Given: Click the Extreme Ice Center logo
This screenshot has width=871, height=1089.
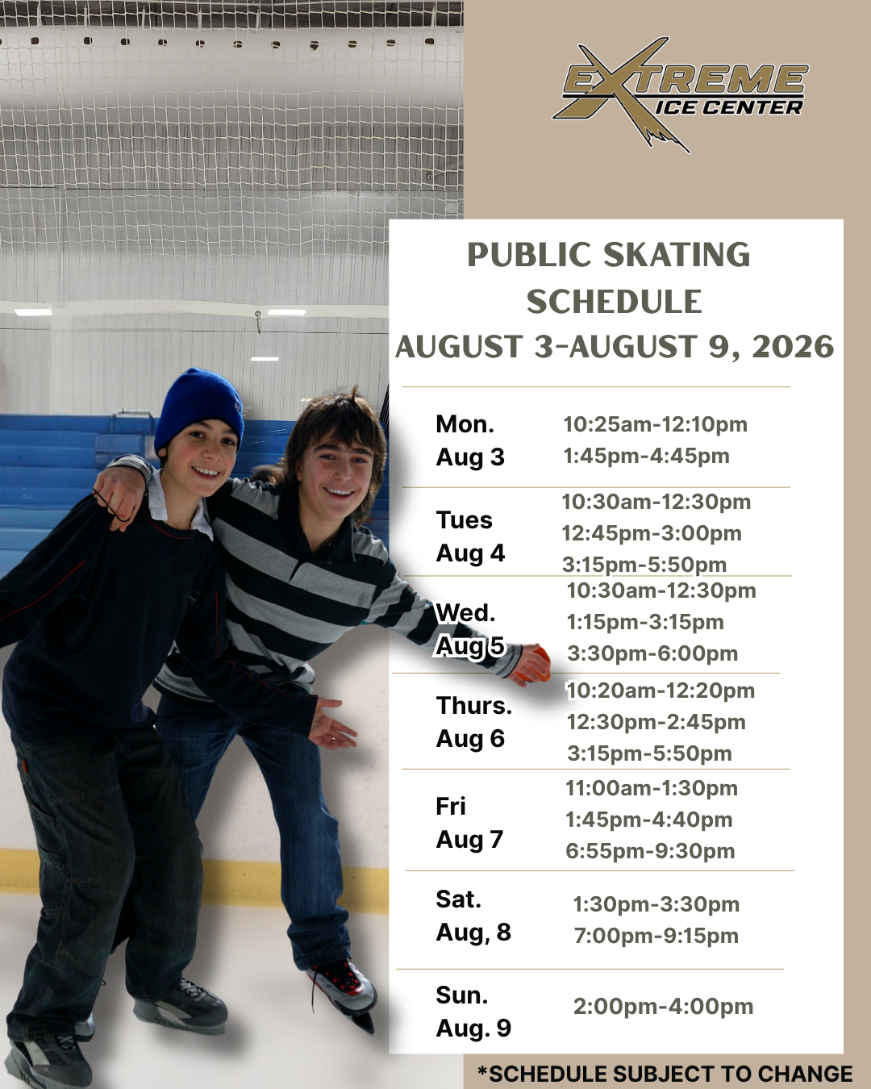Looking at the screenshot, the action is [x=680, y=94].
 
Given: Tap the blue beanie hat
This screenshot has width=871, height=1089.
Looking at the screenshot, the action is [x=199, y=409].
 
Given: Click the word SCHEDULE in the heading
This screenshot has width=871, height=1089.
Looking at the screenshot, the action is [x=614, y=302].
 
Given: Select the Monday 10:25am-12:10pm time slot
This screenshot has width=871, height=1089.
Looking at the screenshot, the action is [x=655, y=424].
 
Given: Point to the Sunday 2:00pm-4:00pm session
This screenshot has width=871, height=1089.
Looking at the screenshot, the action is [x=663, y=1007].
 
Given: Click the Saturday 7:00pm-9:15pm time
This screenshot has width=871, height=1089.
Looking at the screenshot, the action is [x=656, y=936].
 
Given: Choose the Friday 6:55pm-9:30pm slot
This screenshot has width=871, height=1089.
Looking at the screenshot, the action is [x=650, y=851].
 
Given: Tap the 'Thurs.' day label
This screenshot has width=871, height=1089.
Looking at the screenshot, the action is [x=473, y=705].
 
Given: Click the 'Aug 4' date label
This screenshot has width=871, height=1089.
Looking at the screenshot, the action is [x=470, y=553].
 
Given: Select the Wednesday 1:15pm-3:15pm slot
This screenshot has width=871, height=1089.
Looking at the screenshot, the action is [x=645, y=622].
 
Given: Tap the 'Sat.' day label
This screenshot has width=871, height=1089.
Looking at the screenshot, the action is [x=458, y=899].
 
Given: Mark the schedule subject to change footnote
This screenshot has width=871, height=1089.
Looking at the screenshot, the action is [x=665, y=1073].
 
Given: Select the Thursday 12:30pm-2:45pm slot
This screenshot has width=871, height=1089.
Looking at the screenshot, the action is [x=656, y=722].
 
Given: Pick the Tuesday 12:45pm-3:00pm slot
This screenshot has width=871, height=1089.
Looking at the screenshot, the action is [x=652, y=533].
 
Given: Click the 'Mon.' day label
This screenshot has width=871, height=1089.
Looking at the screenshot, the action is [x=465, y=424].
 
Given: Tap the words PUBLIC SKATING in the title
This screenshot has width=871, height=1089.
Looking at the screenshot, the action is [x=608, y=255].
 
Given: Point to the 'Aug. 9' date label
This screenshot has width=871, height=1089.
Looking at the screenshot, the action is [x=473, y=1028].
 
